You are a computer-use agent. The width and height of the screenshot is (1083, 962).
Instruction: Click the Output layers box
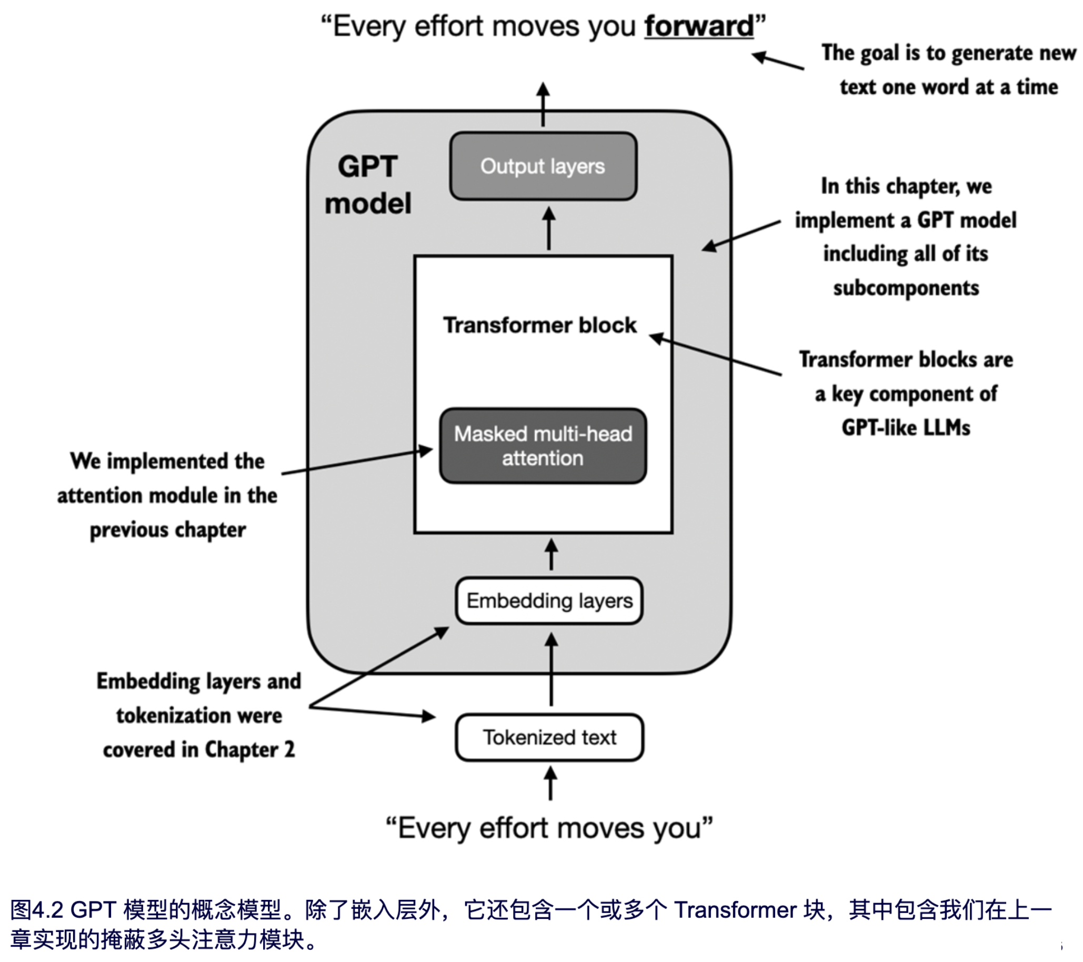[x=543, y=166]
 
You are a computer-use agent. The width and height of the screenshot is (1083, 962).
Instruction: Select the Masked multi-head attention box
[x=543, y=446]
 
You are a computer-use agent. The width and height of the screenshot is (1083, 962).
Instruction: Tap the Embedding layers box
[x=549, y=600]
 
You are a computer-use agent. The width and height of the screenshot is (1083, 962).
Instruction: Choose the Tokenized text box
[x=549, y=737]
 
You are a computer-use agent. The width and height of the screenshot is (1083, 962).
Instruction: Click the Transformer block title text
[x=540, y=325]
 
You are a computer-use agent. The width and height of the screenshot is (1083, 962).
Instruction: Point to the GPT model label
[x=368, y=185]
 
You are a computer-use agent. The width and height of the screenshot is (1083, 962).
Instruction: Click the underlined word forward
[x=699, y=26]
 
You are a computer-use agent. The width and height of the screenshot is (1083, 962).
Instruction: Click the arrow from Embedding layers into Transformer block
[x=551, y=555]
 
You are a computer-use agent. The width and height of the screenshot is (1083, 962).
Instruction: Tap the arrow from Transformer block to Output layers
[x=549, y=228]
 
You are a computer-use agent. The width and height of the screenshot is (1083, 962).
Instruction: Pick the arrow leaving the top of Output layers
[x=543, y=104]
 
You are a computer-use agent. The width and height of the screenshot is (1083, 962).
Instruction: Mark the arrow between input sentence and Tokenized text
[x=551, y=783]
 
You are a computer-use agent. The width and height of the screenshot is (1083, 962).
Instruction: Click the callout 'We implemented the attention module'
[x=167, y=495]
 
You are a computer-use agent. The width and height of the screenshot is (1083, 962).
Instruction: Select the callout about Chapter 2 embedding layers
[x=199, y=715]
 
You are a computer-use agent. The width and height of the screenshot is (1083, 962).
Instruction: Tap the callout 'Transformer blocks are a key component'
[x=906, y=394]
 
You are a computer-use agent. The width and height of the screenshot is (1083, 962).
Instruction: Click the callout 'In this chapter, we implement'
[x=906, y=237]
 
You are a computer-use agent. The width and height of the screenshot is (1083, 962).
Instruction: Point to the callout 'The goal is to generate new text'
[x=948, y=70]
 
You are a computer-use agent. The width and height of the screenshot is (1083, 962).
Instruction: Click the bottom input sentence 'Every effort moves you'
[x=549, y=828]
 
